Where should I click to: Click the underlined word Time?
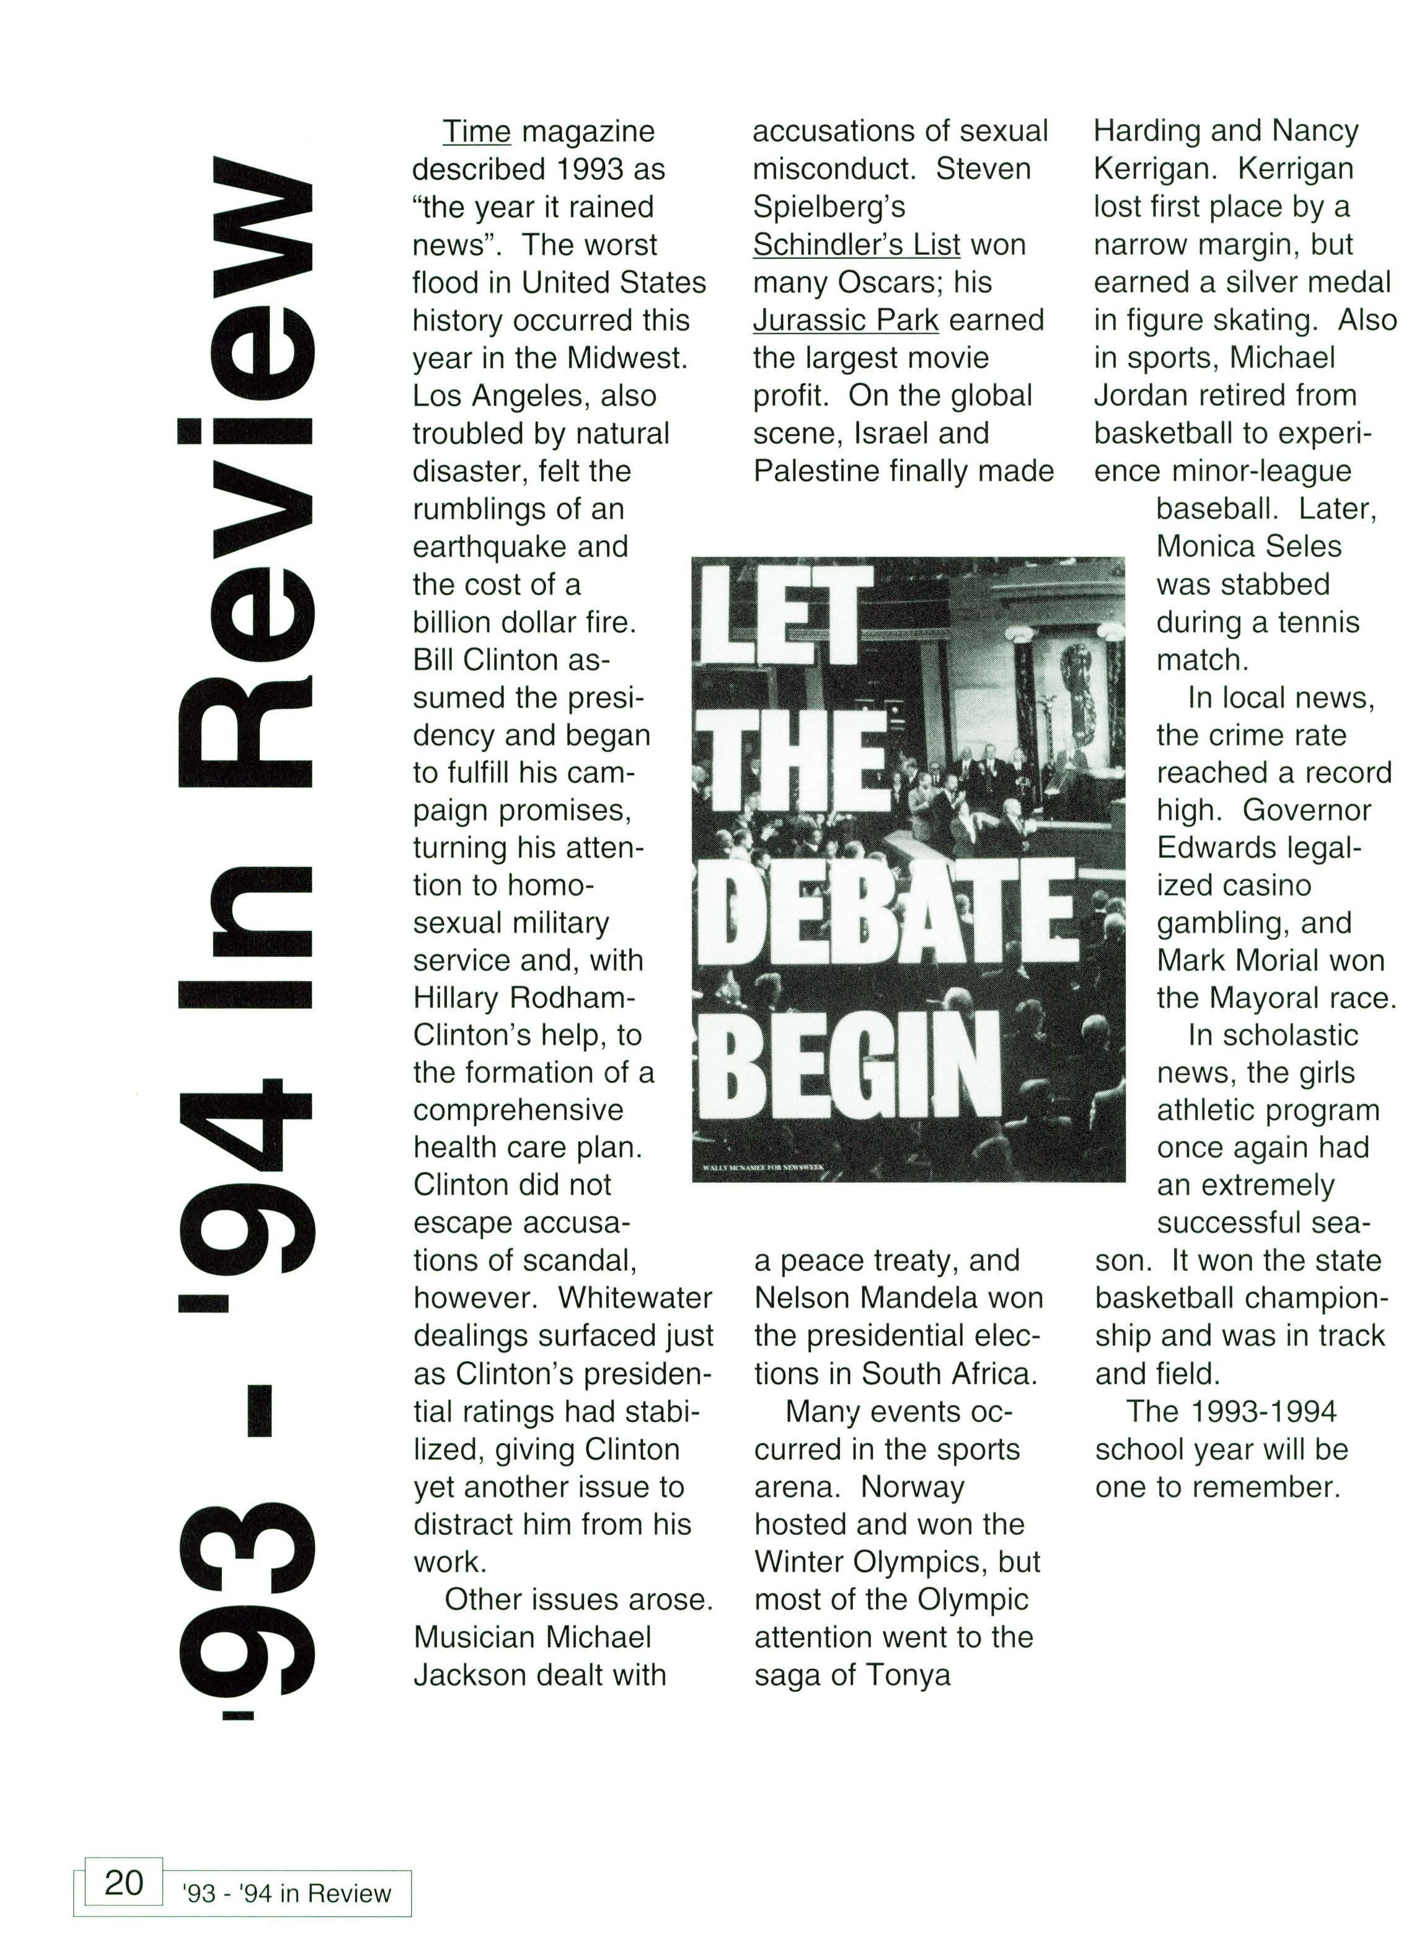click(476, 132)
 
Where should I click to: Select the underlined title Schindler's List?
click(856, 245)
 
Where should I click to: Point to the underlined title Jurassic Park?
click(845, 320)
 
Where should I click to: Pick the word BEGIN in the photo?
click(859, 1064)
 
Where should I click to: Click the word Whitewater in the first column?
click(635, 1298)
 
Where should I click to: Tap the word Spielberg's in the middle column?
click(829, 207)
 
